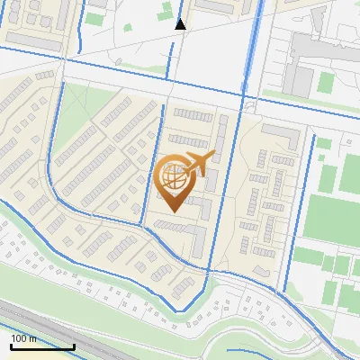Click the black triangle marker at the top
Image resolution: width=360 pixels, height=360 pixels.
[180, 24]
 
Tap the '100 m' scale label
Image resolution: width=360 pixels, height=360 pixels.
[24, 338]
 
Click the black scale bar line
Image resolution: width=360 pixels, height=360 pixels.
[41, 346]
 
